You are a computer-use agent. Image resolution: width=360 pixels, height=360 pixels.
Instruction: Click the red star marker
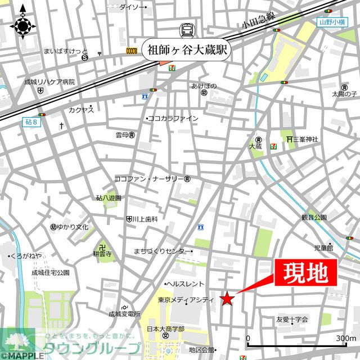[x=227, y=299]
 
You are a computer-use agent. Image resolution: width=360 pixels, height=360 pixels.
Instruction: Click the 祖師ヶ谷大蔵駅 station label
[x=185, y=48]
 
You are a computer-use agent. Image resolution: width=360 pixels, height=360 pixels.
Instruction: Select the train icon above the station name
[x=186, y=30]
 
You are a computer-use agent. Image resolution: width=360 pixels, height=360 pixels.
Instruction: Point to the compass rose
[x=22, y=25]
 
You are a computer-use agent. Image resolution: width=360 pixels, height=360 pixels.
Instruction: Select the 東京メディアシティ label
[x=186, y=300]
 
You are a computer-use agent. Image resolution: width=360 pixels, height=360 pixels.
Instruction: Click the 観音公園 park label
[x=314, y=217]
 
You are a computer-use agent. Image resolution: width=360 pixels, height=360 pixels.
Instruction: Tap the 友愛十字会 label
[x=292, y=319]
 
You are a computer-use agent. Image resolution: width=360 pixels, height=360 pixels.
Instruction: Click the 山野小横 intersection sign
[x=330, y=22]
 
